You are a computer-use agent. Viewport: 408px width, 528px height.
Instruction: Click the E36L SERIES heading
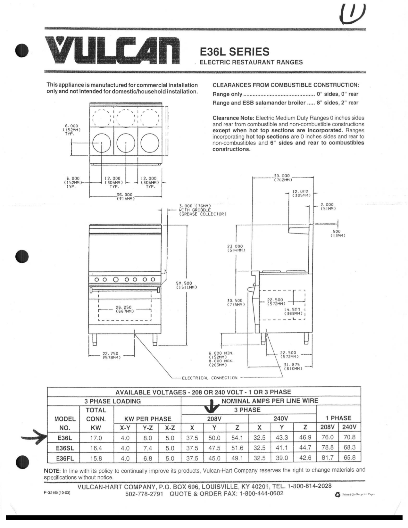point(234,52)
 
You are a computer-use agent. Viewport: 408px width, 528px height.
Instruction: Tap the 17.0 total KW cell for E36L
point(96,438)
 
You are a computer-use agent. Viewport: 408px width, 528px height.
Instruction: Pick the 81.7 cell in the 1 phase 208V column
point(327,458)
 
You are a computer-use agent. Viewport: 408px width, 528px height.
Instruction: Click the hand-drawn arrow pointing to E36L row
point(34,438)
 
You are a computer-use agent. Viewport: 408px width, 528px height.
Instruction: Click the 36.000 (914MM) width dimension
point(125,196)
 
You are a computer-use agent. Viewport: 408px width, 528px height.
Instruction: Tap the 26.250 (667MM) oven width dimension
point(124,309)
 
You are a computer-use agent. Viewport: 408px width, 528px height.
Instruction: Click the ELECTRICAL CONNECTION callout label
point(210,378)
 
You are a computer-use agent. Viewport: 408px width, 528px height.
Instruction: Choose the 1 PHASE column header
point(338,418)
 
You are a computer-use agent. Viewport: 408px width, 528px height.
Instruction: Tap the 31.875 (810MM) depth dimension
point(293,367)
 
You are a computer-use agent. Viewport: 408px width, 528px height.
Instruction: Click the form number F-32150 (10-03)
point(57,492)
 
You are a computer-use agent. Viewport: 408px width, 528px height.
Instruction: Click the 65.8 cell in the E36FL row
point(349,458)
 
